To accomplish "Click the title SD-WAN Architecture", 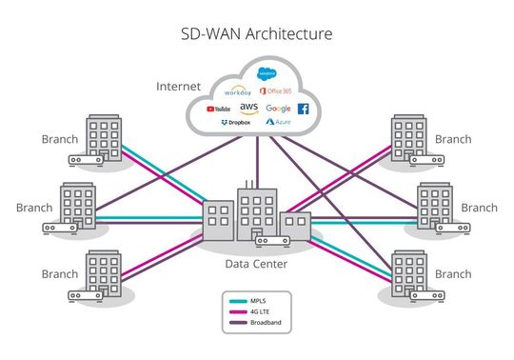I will (x=257, y=35).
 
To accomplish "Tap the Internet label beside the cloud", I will (x=179, y=87).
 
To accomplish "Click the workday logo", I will (x=238, y=92).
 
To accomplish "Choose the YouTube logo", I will (x=218, y=109).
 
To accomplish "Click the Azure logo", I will (x=278, y=124).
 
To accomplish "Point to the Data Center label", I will (x=256, y=263).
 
